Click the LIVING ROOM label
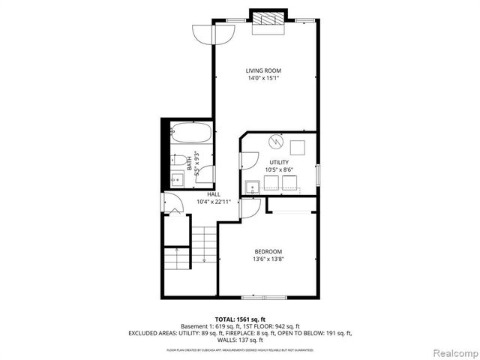263,70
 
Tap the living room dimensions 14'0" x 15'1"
263,79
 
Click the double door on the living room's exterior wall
214,34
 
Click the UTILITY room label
279,162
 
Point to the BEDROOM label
268,251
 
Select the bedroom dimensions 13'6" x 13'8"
268,259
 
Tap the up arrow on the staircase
176,250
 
